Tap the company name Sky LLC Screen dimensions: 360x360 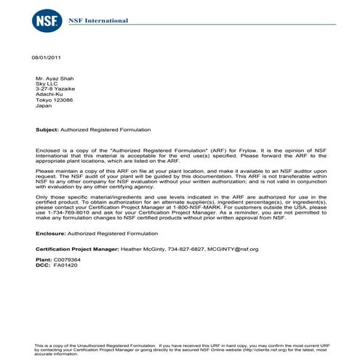tap(47, 84)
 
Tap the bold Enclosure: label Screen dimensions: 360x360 tap(49, 233)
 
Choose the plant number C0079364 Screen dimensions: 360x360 tap(67, 260)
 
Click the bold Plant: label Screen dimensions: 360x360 tap(43, 260)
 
